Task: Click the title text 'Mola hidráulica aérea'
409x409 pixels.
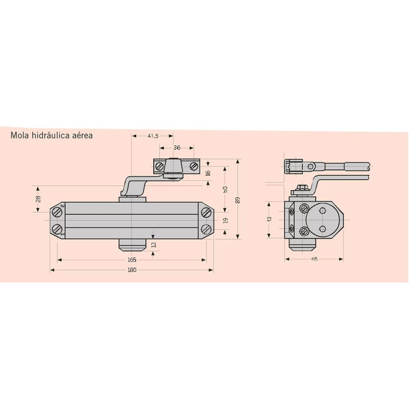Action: tap(52, 135)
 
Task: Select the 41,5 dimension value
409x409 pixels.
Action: tap(153, 136)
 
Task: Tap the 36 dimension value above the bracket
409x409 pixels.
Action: tap(177, 148)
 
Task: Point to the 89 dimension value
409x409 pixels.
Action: tap(237, 200)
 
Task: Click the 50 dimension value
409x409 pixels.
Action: tap(225, 189)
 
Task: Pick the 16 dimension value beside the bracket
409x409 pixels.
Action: tap(208, 173)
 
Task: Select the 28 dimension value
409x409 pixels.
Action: tap(38, 199)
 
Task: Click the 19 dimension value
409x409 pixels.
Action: tap(225, 220)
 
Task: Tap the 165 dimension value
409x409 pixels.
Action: tap(132, 260)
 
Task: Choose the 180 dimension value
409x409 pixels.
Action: tap(132, 270)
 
